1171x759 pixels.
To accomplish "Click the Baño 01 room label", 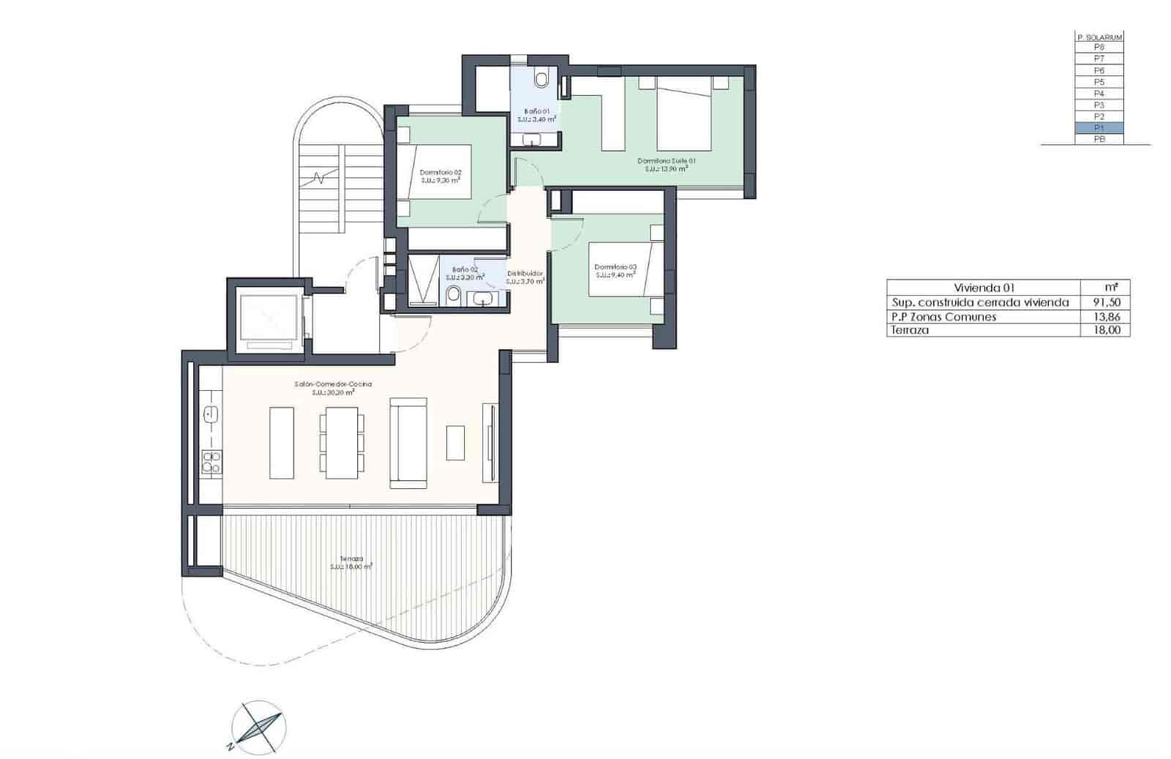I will [x=536, y=111].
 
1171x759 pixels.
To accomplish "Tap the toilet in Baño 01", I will [x=542, y=78].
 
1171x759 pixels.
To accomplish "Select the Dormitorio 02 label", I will [x=441, y=173].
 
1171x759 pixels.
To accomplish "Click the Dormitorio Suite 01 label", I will [x=666, y=161].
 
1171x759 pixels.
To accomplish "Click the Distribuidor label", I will [x=525, y=273].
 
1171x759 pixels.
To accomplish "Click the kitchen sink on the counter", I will [x=212, y=414].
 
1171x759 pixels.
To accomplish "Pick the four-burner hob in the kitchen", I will [x=212, y=462].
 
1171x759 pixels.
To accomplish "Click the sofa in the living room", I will [x=408, y=443].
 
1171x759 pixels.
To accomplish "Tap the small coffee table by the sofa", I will [x=455, y=443].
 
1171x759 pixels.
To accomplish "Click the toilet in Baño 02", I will [x=453, y=294].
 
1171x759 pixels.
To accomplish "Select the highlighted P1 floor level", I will [x=1099, y=128].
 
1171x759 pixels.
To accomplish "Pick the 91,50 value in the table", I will [x=1105, y=302].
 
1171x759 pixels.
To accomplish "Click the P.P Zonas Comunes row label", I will [x=943, y=317].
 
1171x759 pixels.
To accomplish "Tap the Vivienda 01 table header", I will [x=984, y=288].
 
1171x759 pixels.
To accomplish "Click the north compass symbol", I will [x=258, y=728].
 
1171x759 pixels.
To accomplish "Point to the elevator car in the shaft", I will [x=269, y=319].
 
